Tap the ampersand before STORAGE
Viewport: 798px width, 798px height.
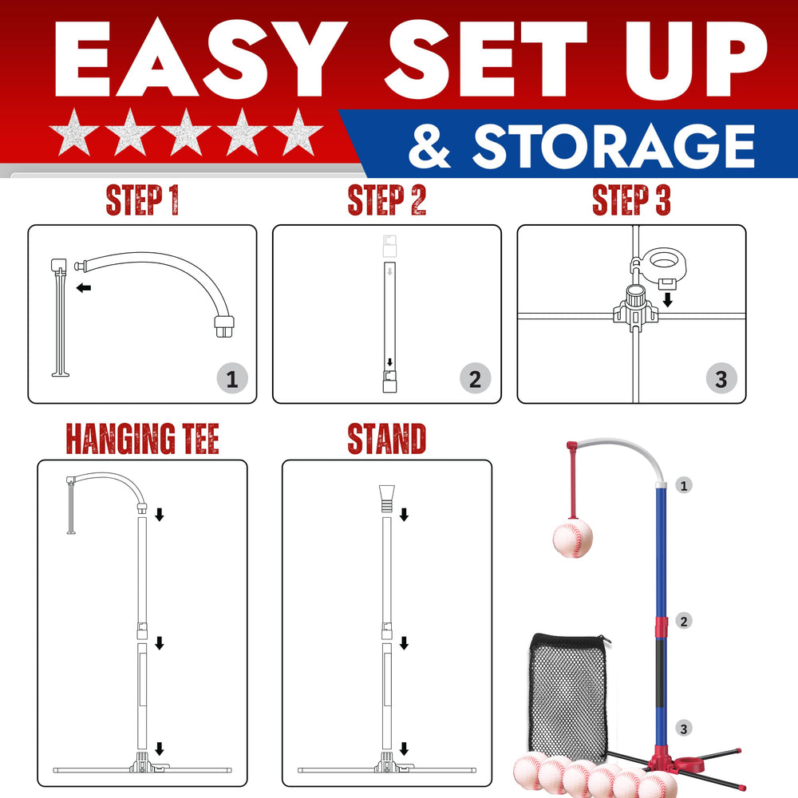[429, 147]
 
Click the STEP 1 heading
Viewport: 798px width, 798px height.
[143, 200]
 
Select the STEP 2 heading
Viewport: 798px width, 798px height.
[387, 200]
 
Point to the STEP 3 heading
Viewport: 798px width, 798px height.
[631, 200]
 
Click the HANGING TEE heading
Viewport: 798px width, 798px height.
[143, 439]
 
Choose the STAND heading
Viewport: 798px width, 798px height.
[387, 439]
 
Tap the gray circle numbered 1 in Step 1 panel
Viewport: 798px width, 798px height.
[232, 378]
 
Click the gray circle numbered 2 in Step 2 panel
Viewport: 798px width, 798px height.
[475, 378]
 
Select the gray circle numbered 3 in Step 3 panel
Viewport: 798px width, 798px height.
[721, 378]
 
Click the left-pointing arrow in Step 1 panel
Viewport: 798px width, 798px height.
[84, 288]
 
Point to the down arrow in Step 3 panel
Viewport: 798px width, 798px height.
[668, 300]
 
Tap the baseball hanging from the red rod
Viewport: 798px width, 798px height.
[572, 537]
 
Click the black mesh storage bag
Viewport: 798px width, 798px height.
[568, 695]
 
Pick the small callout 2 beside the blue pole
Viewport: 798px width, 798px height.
[684, 621]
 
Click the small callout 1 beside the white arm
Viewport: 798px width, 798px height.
[684, 485]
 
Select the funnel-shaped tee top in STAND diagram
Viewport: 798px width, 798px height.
[387, 498]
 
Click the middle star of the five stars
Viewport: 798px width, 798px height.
[186, 132]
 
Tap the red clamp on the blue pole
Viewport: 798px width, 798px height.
[661, 628]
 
